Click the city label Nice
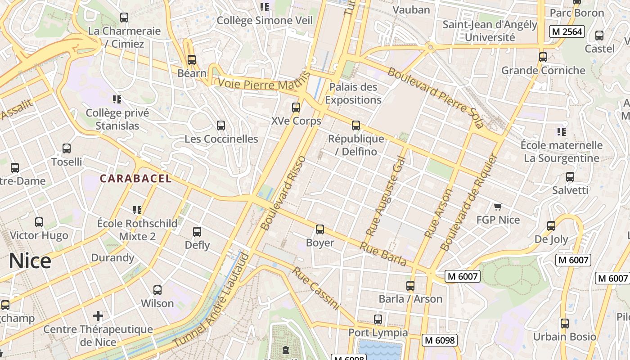click(x=30, y=261)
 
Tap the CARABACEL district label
click(x=135, y=179)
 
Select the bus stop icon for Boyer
click(x=320, y=229)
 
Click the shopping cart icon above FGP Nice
click(x=498, y=207)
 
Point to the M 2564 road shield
click(x=567, y=31)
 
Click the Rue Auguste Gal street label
click(x=386, y=196)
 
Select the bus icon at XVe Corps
click(x=296, y=108)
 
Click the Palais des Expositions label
click(x=353, y=93)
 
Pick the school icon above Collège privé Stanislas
click(x=117, y=99)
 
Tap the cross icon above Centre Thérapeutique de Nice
click(x=98, y=315)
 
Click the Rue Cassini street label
click(x=315, y=288)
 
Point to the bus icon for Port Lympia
click(x=378, y=319)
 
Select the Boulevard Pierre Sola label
click(x=435, y=98)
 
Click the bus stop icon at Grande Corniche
click(x=543, y=57)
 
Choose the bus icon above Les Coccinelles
click(x=221, y=126)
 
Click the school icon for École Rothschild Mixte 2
click(x=137, y=210)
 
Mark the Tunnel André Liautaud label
click(x=211, y=301)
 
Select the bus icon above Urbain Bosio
click(x=564, y=324)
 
